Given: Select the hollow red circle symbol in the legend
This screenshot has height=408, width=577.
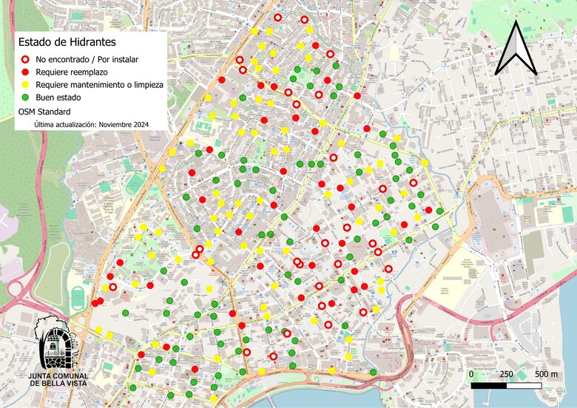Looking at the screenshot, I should click(x=24, y=60).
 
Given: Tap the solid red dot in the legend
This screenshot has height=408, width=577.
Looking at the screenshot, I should click(x=24, y=72).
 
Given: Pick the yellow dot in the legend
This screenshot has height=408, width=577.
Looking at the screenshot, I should click(x=24, y=85).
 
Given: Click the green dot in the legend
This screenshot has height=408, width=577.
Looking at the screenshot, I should click(x=24, y=98).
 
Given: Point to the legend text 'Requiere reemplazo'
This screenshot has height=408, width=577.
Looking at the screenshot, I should click(x=71, y=72).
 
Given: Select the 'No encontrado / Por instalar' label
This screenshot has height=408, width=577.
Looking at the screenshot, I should click(x=86, y=60).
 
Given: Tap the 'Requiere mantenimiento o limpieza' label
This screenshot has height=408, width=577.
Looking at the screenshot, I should click(x=99, y=85).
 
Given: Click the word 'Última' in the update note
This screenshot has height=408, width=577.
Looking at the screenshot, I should click(x=45, y=125).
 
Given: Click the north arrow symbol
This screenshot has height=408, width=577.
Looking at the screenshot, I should click(x=516, y=48).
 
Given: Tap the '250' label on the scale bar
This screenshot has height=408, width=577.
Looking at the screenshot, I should click(x=507, y=374).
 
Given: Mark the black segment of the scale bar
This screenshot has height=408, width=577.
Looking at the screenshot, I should click(x=489, y=385).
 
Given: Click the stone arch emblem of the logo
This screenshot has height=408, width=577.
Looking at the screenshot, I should click(x=57, y=341).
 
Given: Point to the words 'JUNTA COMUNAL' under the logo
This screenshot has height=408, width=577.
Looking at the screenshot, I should click(x=58, y=375).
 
